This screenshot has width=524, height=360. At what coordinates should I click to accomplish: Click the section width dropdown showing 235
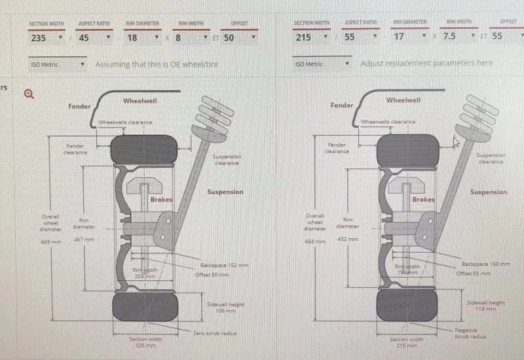tap(46, 38)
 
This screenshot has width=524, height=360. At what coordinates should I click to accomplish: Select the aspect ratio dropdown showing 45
tap(94, 38)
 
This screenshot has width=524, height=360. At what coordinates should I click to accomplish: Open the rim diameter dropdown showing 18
tap(142, 38)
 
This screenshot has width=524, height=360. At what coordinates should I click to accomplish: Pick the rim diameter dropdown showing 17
tap(409, 37)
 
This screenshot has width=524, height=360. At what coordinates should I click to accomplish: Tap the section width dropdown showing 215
tap(312, 37)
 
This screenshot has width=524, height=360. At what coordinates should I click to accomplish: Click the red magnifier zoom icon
tap(29, 94)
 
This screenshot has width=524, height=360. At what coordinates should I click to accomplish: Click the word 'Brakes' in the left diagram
tap(161, 200)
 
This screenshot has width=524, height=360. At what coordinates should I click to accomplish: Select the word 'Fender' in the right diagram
tap(342, 105)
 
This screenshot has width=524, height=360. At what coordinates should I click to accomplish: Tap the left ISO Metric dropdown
tap(58, 64)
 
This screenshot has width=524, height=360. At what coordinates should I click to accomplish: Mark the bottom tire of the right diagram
tap(407, 308)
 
